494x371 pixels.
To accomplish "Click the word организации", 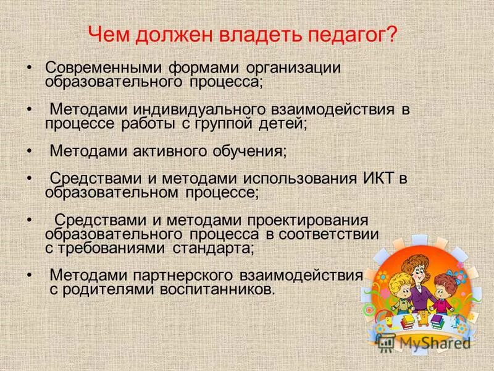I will tap(295, 67).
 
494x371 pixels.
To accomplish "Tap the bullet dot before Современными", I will tap(30, 67).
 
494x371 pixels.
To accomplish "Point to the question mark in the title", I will tap(391, 34).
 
